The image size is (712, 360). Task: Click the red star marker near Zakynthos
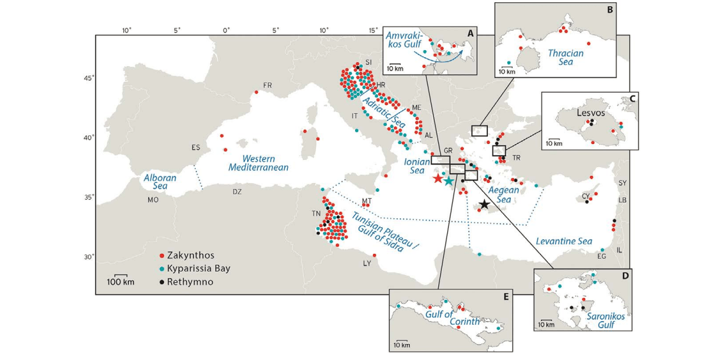(438, 178)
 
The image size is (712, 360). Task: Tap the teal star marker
(448, 181)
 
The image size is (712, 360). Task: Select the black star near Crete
(484, 204)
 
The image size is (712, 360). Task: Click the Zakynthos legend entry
(187, 256)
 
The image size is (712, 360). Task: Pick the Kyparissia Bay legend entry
(195, 269)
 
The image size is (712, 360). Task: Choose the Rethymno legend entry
(186, 282)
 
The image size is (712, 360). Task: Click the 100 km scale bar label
(120, 282)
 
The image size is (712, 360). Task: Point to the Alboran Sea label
(160, 182)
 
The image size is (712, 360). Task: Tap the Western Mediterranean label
(258, 163)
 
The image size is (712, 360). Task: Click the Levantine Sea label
(564, 241)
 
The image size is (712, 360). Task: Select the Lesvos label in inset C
(590, 113)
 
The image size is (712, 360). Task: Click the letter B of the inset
(609, 9)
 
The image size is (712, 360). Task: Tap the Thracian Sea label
(566, 57)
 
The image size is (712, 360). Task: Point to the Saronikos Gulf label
(605, 320)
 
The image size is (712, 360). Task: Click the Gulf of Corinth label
(452, 318)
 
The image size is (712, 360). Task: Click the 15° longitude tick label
(373, 31)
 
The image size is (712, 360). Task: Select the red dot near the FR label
(257, 92)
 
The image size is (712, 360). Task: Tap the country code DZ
(237, 192)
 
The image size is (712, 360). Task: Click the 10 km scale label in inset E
(402, 345)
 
